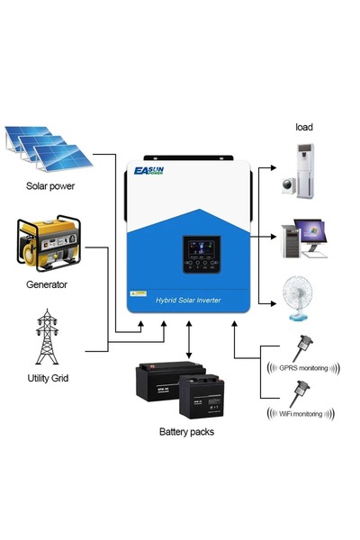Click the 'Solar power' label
pos(50,187)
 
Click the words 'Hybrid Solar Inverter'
pos(188,298)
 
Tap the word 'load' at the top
pos(304,126)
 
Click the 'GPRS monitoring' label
pos(303,368)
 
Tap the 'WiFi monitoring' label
pos(301,414)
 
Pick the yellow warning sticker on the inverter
pos(139,293)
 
